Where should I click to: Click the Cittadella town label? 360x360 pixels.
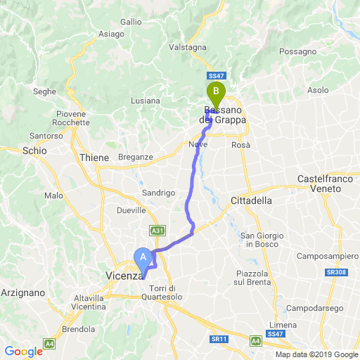(251, 200)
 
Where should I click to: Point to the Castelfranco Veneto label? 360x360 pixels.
(325, 184)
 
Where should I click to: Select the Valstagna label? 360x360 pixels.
(188, 47)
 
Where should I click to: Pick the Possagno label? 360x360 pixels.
(298, 52)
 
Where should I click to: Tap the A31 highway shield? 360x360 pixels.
(157, 230)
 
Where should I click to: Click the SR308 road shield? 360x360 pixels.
(341, 271)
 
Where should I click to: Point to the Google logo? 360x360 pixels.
(23, 352)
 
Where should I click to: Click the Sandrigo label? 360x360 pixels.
(158, 192)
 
